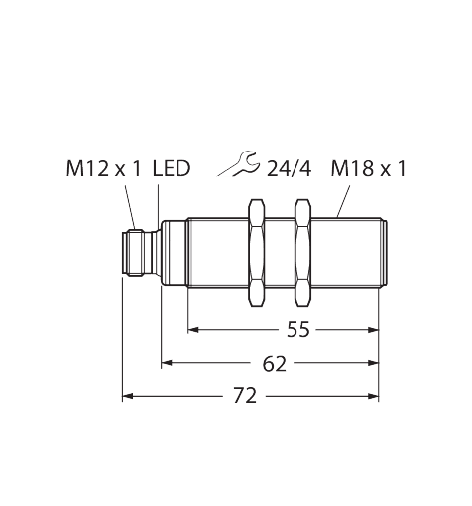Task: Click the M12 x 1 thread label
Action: point(103,168)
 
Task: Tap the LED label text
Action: point(172,168)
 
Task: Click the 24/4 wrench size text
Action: point(289,168)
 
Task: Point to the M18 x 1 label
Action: point(368,168)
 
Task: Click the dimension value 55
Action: point(298,329)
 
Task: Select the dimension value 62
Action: point(275,363)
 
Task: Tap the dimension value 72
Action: point(245,396)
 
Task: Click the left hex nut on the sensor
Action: point(257,253)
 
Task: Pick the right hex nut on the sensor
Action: point(303,253)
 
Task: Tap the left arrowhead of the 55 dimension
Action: point(193,329)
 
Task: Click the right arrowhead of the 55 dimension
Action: point(373,329)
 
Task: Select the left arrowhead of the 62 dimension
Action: point(167,363)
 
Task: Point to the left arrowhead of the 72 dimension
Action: point(128,396)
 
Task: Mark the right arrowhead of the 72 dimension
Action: point(373,396)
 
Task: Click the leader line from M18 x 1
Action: point(343,201)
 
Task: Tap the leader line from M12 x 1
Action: point(130,207)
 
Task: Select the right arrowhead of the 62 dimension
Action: point(373,363)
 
